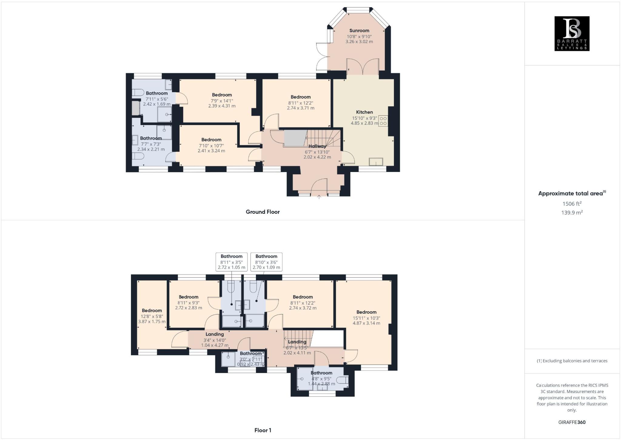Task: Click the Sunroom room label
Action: pyautogui.click(x=359, y=31)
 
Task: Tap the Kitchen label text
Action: pyautogui.click(x=364, y=112)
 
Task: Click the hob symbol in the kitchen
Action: pyautogui.click(x=383, y=121)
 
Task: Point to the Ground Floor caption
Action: pyautogui.click(x=263, y=212)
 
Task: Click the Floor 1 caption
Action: pyautogui.click(x=263, y=430)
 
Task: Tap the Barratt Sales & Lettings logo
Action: pyautogui.click(x=572, y=34)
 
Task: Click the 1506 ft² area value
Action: pyautogui.click(x=572, y=204)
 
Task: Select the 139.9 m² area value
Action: pyautogui.click(x=572, y=213)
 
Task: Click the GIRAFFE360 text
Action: pyautogui.click(x=572, y=422)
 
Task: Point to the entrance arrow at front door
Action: pyautogui.click(x=319, y=197)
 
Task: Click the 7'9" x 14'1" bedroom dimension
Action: pyautogui.click(x=222, y=101)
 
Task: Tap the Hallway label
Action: pyautogui.click(x=317, y=146)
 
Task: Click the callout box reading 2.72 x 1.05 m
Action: pyautogui.click(x=231, y=262)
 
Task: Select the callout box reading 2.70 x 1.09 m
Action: pyautogui.click(x=266, y=262)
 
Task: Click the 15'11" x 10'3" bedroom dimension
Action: pyautogui.click(x=366, y=318)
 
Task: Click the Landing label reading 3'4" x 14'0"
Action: pyautogui.click(x=215, y=334)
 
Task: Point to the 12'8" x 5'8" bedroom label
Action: pyautogui.click(x=152, y=311)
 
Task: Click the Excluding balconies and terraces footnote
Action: pyautogui.click(x=572, y=361)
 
